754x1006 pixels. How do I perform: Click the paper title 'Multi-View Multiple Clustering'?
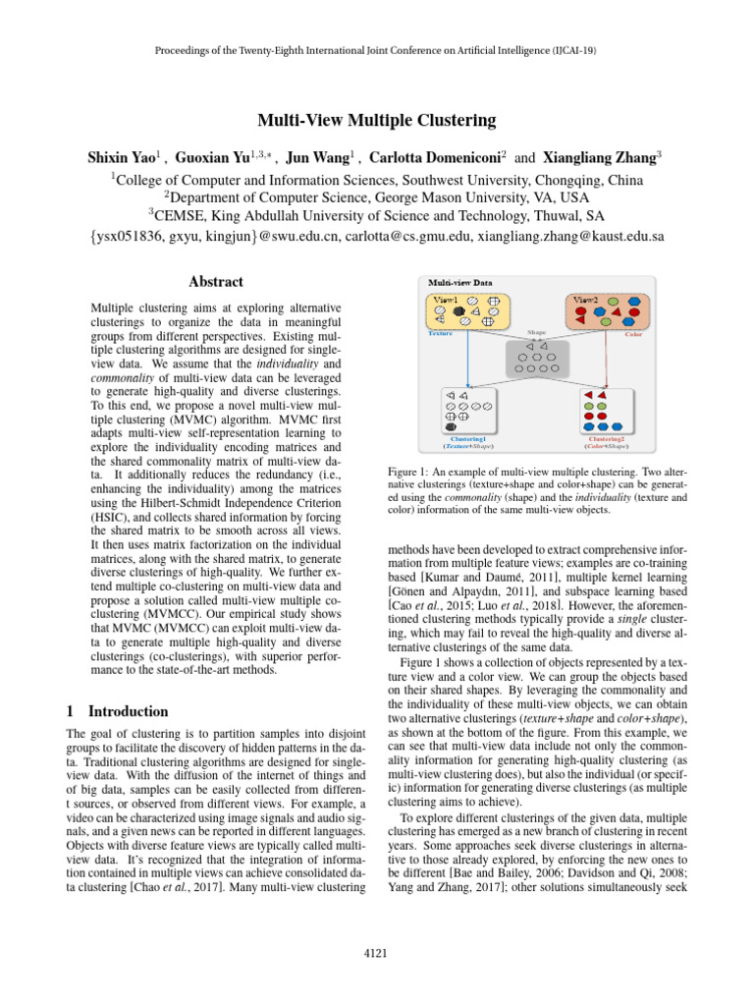tap(377, 122)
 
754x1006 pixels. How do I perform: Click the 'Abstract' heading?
tap(214, 282)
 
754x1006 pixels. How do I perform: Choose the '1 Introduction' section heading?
tap(117, 711)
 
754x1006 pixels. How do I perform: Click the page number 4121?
tap(377, 952)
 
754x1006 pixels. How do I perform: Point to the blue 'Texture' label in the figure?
tap(441, 334)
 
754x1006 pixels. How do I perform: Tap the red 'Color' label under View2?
tap(632, 334)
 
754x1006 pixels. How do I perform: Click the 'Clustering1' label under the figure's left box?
tap(466, 439)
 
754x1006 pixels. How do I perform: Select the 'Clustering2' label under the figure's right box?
tap(603, 439)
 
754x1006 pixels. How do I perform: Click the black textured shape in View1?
tap(458, 311)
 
